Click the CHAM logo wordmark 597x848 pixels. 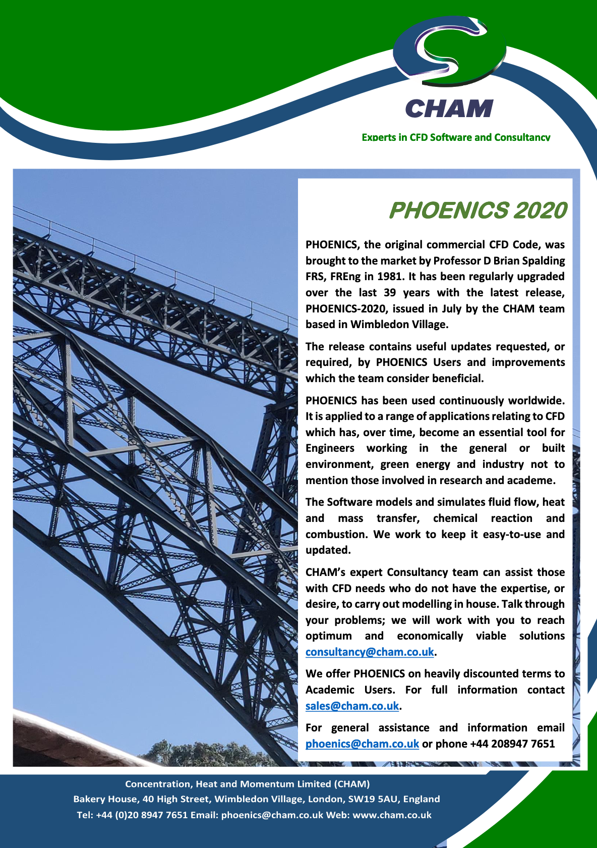coord(449,109)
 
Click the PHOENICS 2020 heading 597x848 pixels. coord(477,210)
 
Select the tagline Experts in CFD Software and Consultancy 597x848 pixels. coord(456,137)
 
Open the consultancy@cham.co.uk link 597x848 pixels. coord(370,652)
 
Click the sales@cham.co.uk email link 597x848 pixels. coord(352,706)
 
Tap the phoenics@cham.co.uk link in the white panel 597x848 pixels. coord(362,744)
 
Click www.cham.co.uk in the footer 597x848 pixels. coord(392,815)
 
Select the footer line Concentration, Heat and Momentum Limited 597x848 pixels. coord(247,784)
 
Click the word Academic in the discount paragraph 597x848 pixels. coord(330,690)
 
